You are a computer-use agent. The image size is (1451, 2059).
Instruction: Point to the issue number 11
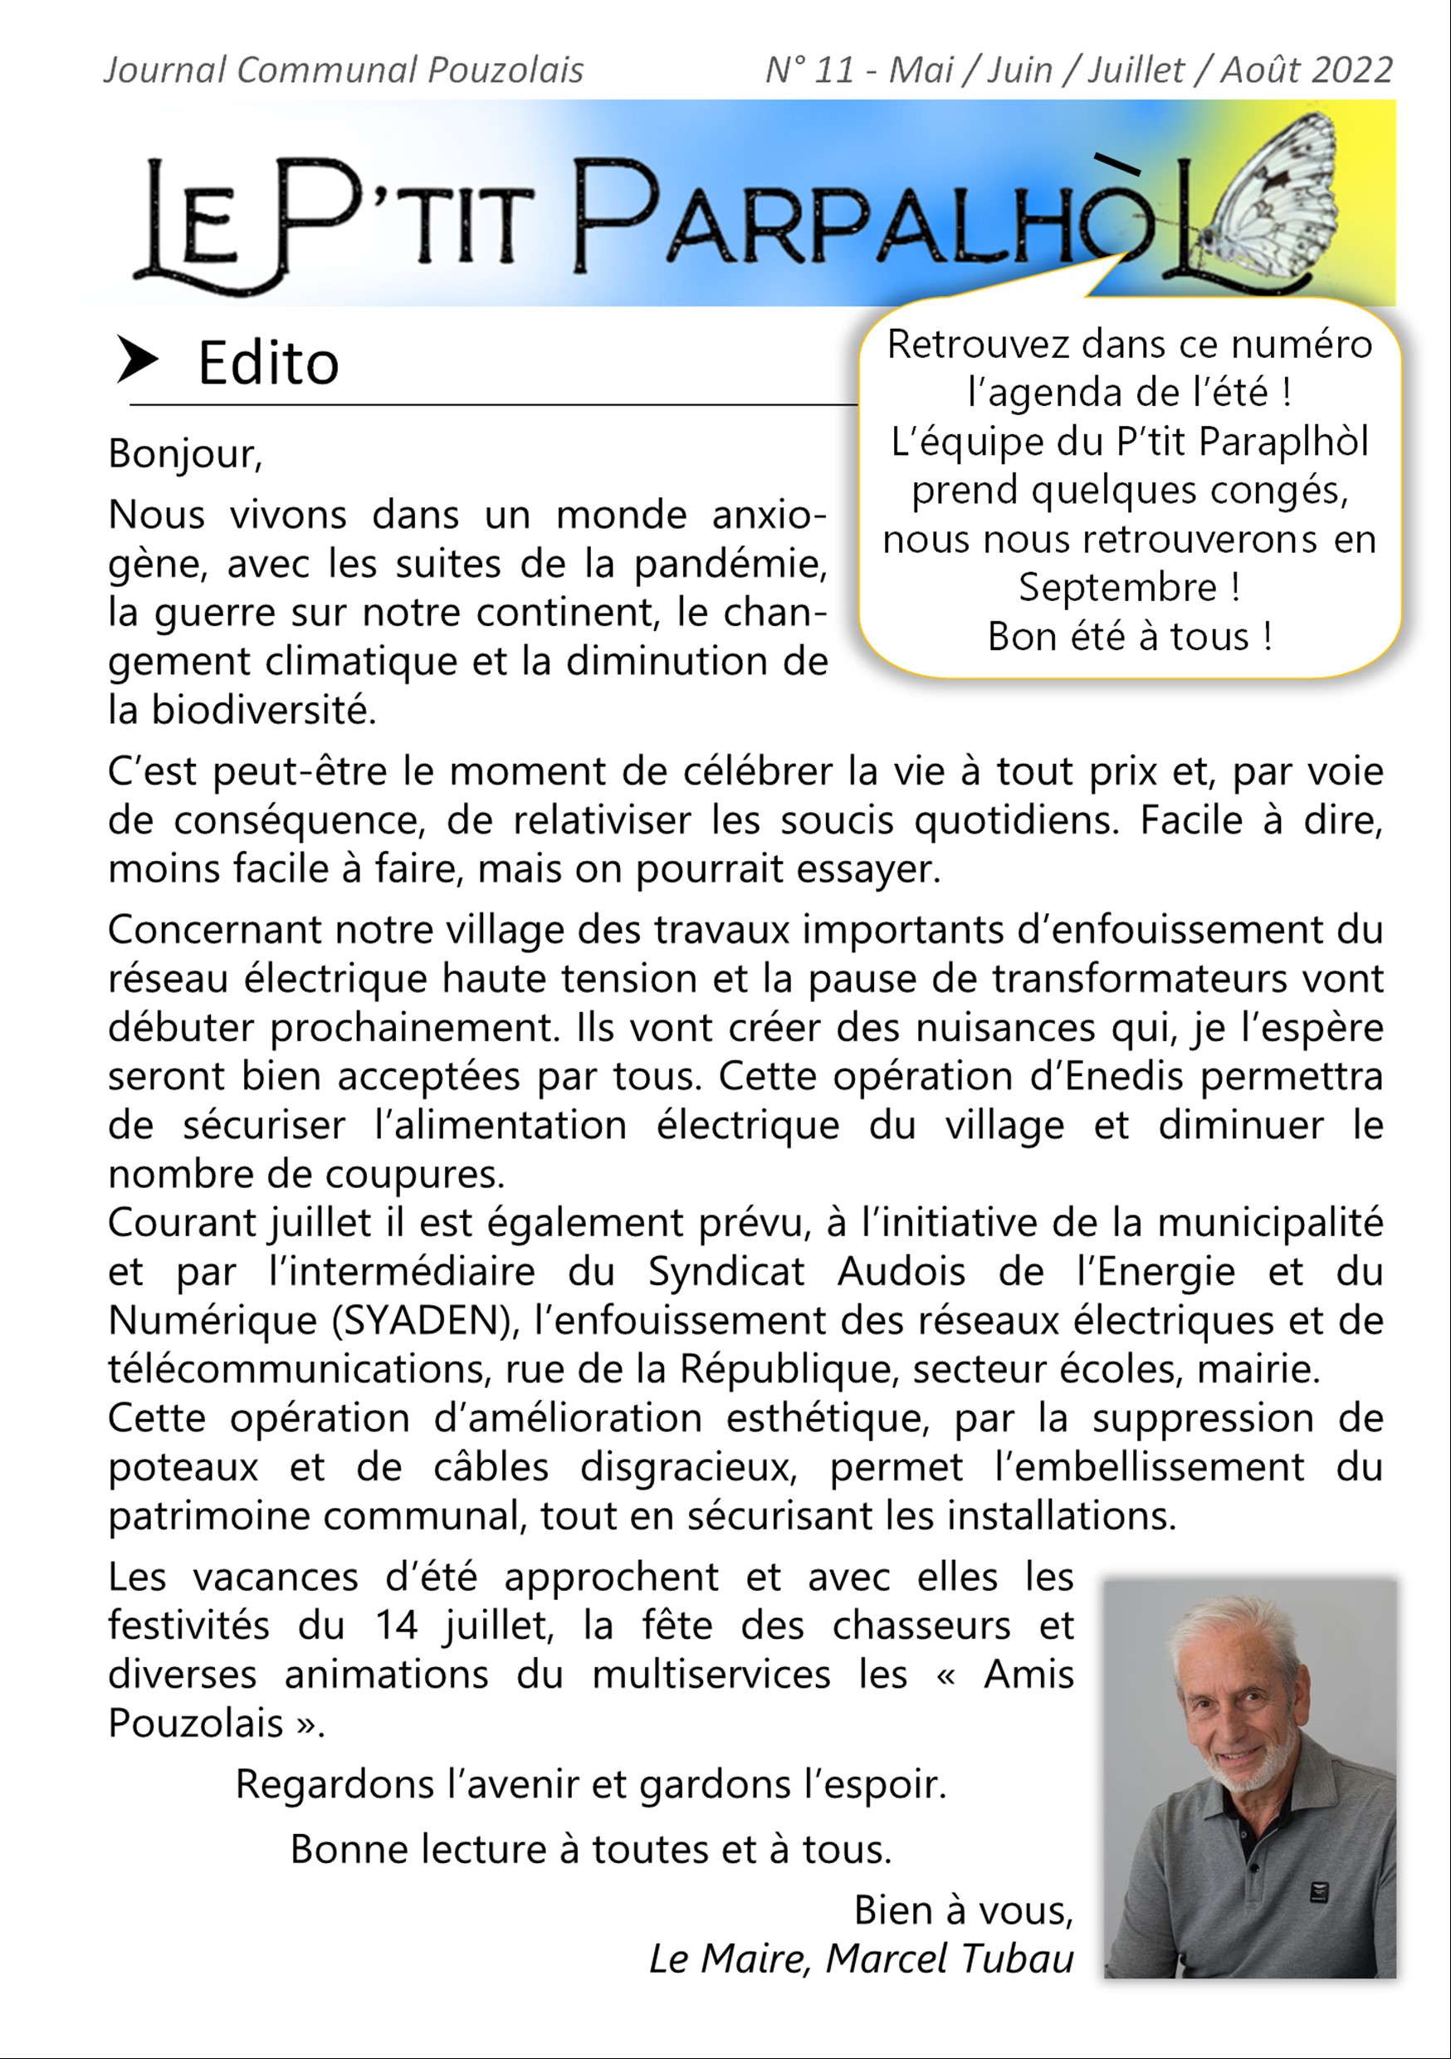pos(834,70)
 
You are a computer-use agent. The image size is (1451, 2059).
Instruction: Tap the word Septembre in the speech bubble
pos(1117,587)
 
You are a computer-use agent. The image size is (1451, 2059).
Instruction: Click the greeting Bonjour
pos(183,454)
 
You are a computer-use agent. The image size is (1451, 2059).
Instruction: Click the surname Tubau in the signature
pos(1017,1959)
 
